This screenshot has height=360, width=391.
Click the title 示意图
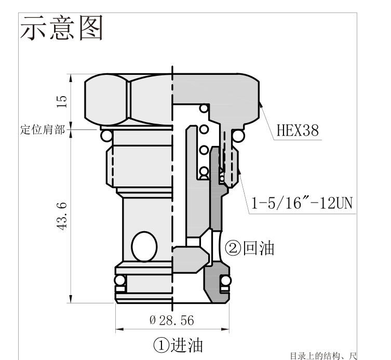pyautogui.click(x=61, y=28)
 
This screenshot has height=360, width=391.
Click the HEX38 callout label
pyautogui.click(x=298, y=130)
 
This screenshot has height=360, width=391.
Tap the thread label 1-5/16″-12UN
pyautogui.click(x=302, y=203)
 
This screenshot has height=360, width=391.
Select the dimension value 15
pyautogui.click(x=62, y=102)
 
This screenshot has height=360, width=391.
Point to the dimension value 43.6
pyautogui.click(x=62, y=216)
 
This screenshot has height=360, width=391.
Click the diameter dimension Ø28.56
pyautogui.click(x=171, y=321)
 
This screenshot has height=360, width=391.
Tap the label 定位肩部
pyautogui.click(x=43, y=130)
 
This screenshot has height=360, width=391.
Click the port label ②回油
pyautogui.click(x=249, y=248)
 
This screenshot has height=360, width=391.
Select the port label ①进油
pyautogui.click(x=178, y=345)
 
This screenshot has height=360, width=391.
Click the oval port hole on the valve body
pyautogui.click(x=144, y=247)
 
